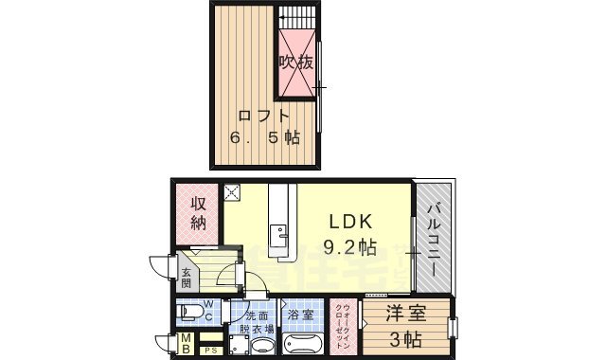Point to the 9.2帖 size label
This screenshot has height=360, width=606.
pos(352,247)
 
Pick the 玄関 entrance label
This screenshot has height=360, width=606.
pos(187,277)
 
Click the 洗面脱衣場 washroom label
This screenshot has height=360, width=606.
pos(258,322)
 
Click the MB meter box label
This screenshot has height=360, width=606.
pos(187,344)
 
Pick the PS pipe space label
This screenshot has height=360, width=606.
pos(210,351)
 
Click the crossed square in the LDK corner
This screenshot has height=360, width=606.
pos(233,193)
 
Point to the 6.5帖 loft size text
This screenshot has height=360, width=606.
pos(264,138)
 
